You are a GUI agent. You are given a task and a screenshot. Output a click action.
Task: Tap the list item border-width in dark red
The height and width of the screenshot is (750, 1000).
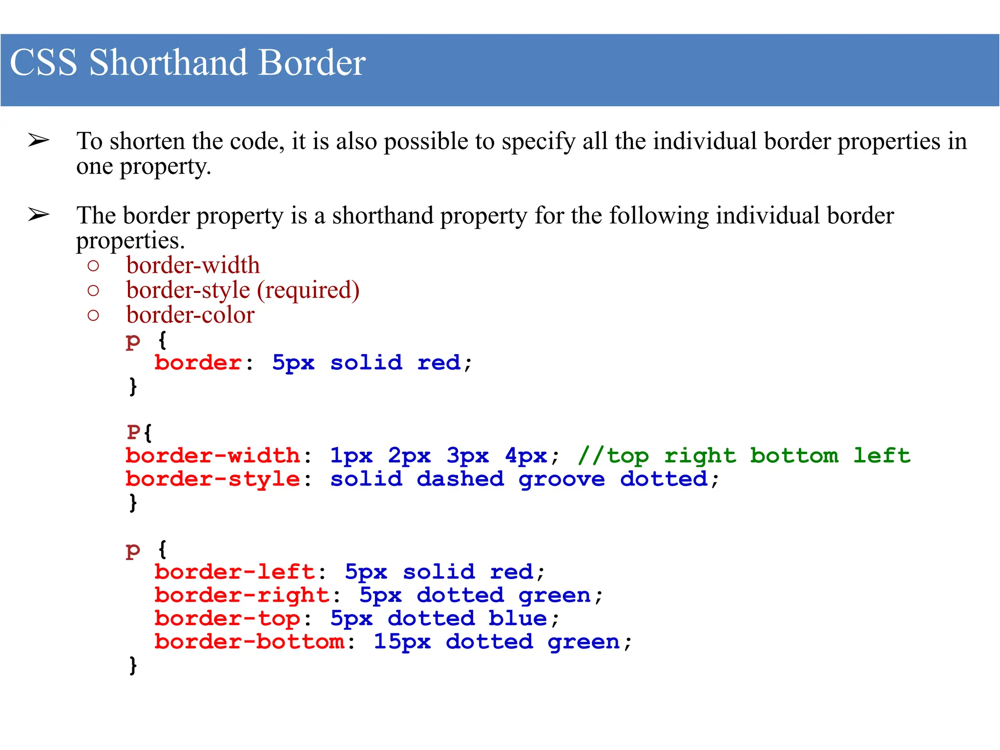pyautogui.click(x=193, y=266)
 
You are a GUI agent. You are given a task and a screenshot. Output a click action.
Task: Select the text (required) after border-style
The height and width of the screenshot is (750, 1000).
pyautogui.click(x=308, y=291)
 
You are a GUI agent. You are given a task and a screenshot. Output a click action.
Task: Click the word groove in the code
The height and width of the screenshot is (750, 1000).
pyautogui.click(x=562, y=479)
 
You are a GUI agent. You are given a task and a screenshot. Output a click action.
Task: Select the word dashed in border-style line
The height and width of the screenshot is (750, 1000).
pyautogui.click(x=460, y=479)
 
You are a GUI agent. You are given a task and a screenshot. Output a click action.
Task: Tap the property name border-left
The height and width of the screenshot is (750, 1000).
pyautogui.click(x=235, y=572)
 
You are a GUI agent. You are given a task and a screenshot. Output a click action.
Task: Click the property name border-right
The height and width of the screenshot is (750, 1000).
pyautogui.click(x=242, y=596)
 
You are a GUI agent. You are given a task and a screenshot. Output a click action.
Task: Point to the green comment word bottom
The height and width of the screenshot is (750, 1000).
pyautogui.click(x=794, y=456)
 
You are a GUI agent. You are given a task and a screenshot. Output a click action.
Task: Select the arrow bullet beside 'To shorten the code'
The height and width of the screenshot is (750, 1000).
pyautogui.click(x=39, y=141)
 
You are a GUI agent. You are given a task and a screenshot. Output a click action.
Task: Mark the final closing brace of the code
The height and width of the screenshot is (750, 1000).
pyautogui.click(x=133, y=665)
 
